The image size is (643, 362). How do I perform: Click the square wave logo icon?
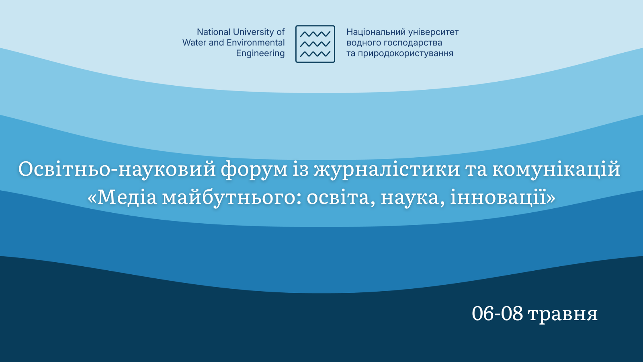(315, 44)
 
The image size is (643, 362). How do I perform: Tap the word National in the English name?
(213, 32)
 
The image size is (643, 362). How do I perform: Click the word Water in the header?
(194, 43)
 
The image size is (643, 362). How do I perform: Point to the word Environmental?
(256, 43)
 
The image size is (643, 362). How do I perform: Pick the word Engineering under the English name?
(260, 53)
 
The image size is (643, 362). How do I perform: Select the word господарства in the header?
(413, 43)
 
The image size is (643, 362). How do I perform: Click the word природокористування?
(405, 53)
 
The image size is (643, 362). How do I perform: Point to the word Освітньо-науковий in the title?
(117, 169)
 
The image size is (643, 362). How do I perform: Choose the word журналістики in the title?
(387, 170)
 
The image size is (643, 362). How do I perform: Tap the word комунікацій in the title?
(556, 169)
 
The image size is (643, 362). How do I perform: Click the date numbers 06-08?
(497, 314)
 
